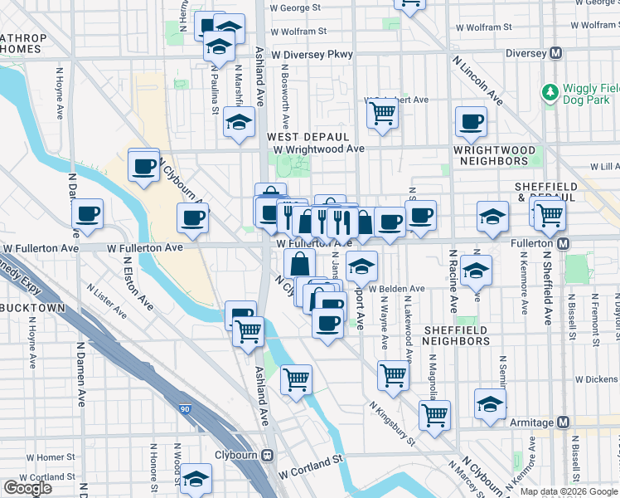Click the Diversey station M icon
(x=556, y=53)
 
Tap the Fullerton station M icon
(x=564, y=243)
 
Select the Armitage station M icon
(x=564, y=422)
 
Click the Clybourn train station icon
(x=268, y=456)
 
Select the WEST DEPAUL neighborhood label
(x=308, y=136)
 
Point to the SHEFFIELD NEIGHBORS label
(x=455, y=335)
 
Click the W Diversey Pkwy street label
(x=317, y=54)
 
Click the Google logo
(x=28, y=488)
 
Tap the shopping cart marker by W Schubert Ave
(x=381, y=113)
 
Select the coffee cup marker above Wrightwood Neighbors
(x=471, y=123)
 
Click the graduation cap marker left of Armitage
(x=490, y=404)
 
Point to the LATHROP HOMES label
(x=21, y=43)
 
